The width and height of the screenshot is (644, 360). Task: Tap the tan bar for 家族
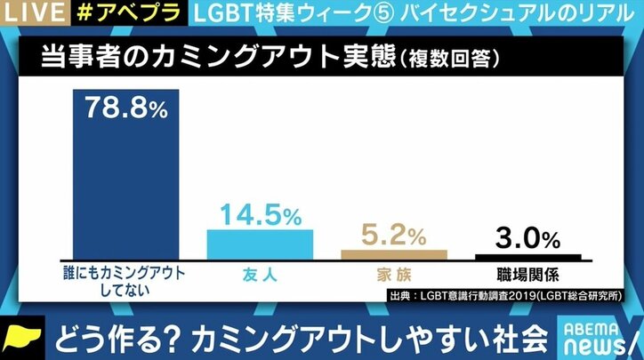pyautogui.click(x=394, y=253)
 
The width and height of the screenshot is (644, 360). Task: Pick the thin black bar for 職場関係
pyautogui.click(x=527, y=257)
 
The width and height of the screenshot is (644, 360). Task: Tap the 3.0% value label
pyautogui.click(x=527, y=237)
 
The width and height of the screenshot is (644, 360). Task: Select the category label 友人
pyautogui.click(x=260, y=275)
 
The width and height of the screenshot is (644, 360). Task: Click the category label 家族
pyautogui.click(x=394, y=275)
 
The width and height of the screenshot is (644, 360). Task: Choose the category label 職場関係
pyautogui.click(x=527, y=275)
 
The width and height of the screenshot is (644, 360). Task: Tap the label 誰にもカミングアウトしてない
pyautogui.click(x=126, y=282)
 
